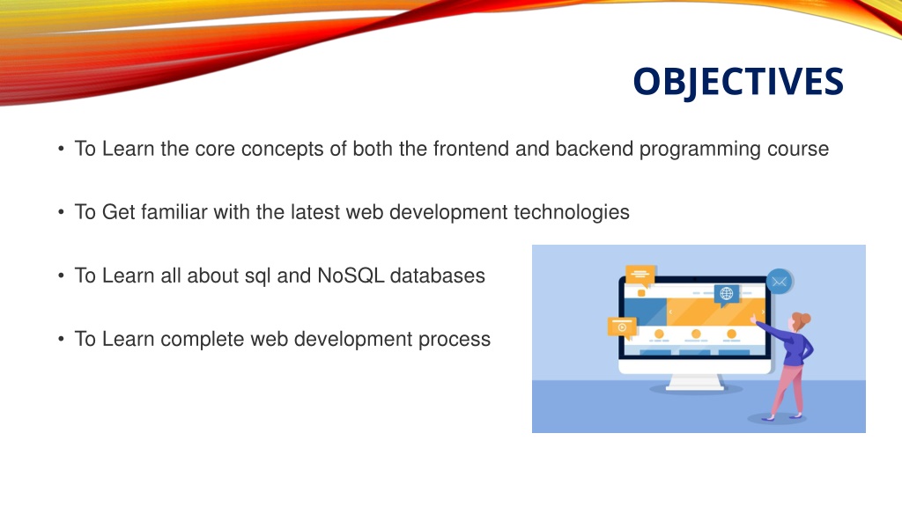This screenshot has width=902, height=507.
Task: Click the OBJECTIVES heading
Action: point(738,81)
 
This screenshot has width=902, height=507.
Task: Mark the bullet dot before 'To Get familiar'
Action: point(61,213)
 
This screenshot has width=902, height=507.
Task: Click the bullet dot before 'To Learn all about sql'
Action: point(61,276)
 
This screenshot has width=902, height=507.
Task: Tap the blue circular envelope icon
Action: point(779,282)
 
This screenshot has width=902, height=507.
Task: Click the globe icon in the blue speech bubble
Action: point(727,294)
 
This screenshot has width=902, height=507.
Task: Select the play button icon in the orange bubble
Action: point(622,327)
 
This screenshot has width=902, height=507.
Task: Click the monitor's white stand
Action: point(695,382)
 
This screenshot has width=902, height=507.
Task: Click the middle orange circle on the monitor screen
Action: point(696,334)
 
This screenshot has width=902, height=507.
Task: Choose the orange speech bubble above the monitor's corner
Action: point(640,275)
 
